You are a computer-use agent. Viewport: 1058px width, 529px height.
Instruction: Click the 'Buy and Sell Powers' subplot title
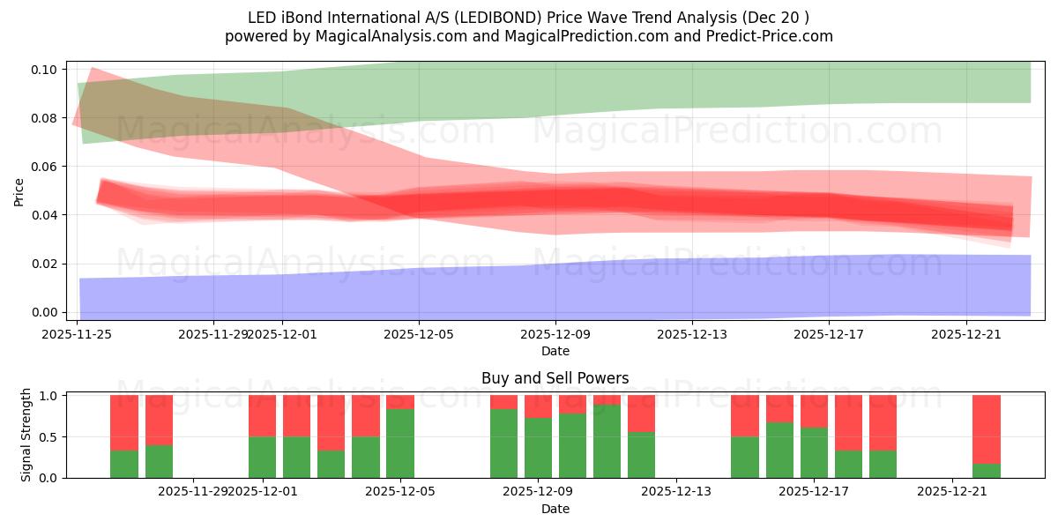click(x=555, y=378)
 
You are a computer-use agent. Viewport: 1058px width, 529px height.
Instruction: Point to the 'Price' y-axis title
click(x=19, y=191)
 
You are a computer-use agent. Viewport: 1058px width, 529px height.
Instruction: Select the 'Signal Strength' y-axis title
click(x=26, y=435)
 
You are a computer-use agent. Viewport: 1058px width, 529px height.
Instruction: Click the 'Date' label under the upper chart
click(x=555, y=351)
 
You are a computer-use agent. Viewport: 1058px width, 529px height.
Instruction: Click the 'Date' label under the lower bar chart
click(x=555, y=509)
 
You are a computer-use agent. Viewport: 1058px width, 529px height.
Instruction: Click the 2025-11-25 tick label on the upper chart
click(x=78, y=334)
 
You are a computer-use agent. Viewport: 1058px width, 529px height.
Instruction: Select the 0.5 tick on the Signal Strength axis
click(x=49, y=436)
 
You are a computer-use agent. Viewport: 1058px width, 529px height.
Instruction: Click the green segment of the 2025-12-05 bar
click(x=400, y=443)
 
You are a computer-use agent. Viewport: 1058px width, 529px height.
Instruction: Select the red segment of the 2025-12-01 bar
click(x=263, y=415)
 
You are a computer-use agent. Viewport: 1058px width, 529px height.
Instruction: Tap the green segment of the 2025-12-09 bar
click(x=538, y=447)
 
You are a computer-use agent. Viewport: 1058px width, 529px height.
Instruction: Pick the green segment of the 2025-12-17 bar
click(x=814, y=452)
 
